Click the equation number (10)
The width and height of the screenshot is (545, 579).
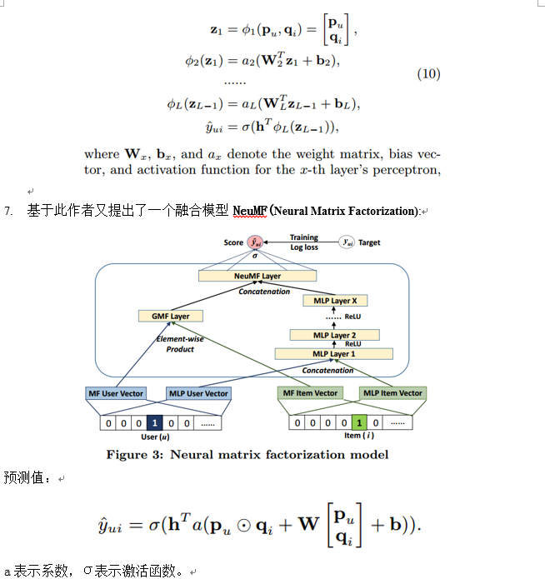(428, 74)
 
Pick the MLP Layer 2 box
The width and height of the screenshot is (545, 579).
(332, 334)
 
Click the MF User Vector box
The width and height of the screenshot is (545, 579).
(116, 393)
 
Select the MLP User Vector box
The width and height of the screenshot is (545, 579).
(198, 393)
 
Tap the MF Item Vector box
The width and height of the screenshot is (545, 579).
(310, 393)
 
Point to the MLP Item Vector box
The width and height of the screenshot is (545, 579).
(392, 393)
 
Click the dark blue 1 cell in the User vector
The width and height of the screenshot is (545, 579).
(154, 423)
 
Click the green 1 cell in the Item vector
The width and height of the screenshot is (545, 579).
(358, 423)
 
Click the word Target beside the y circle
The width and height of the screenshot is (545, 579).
(369, 242)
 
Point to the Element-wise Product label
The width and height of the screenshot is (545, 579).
(179, 344)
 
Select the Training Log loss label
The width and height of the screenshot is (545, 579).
(303, 242)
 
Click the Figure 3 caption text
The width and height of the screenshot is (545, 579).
(247, 455)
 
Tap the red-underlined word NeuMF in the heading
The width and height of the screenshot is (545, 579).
(250, 211)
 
